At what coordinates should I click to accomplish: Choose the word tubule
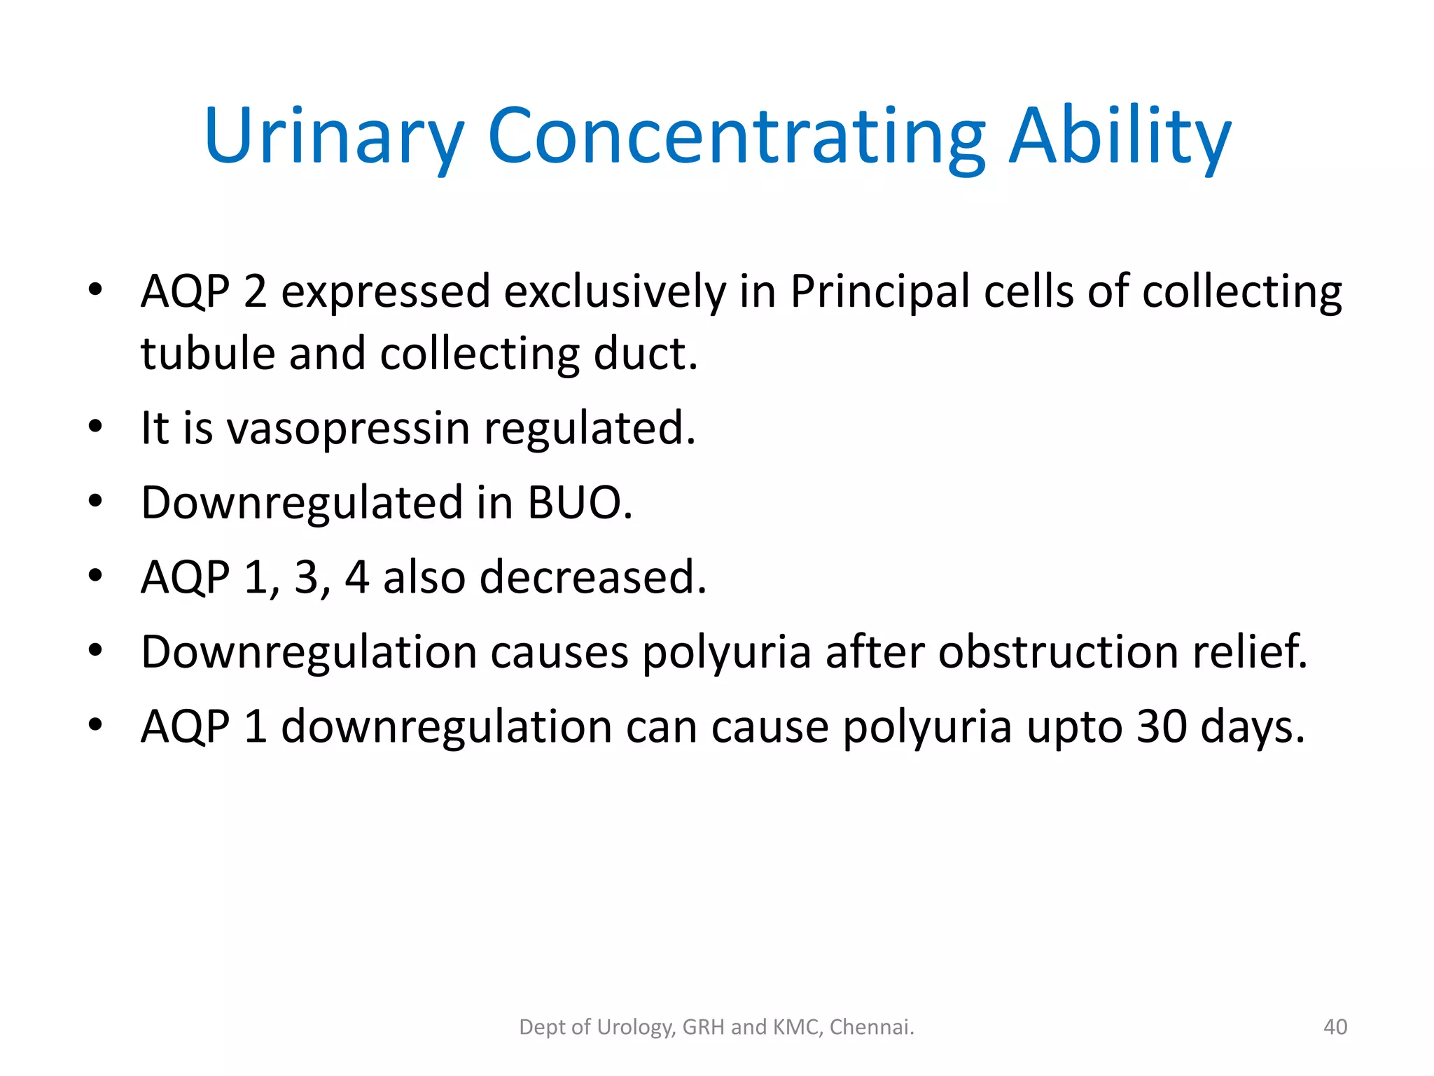(208, 353)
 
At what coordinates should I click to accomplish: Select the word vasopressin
(348, 428)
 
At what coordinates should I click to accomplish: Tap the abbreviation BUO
(580, 502)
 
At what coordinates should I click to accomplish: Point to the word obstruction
(1058, 651)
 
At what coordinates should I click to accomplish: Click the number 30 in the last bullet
(1162, 726)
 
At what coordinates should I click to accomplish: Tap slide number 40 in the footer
(1335, 1027)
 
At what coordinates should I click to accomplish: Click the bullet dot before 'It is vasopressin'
(96, 426)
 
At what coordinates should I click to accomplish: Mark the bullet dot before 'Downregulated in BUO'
(96, 500)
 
